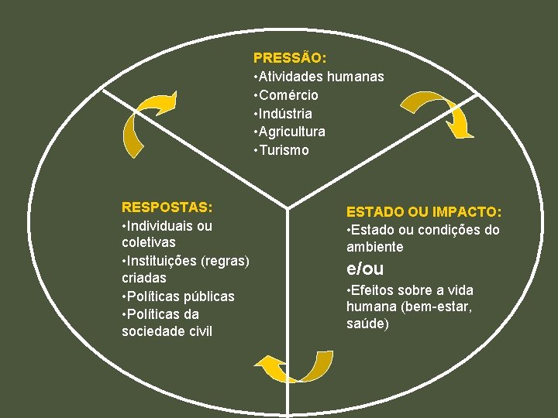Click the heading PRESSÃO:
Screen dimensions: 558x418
(x=290, y=58)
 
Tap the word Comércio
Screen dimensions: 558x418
(x=288, y=95)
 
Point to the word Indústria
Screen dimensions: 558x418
(x=286, y=114)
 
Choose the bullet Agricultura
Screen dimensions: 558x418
(x=292, y=132)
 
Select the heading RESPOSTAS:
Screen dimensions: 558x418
(x=167, y=207)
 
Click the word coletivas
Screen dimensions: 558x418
(x=149, y=242)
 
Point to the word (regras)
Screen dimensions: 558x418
(x=225, y=260)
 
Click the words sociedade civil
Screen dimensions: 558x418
(x=167, y=331)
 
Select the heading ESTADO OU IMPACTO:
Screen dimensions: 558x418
(x=424, y=211)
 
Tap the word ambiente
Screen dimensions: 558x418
(x=375, y=247)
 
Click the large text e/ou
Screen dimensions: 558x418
(x=364, y=269)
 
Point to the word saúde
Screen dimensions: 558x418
(x=368, y=323)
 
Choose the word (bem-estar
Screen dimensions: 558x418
(x=443, y=307)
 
